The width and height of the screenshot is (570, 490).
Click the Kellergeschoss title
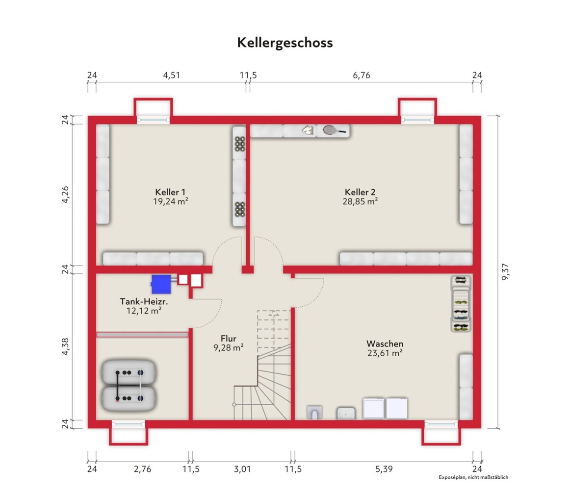point(285,43)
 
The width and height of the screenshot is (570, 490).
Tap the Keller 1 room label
point(170,192)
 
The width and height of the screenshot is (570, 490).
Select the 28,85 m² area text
point(360,201)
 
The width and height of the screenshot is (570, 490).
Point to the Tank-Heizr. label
point(144,301)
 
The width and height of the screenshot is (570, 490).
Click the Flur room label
point(228,339)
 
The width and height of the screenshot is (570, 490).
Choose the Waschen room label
point(385,343)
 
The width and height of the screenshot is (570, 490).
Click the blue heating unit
point(161,284)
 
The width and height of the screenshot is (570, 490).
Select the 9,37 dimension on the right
point(505,271)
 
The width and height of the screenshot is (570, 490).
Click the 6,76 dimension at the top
point(362,75)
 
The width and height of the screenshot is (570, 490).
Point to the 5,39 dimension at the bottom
point(384,469)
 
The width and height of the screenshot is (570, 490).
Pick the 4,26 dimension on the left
point(65,195)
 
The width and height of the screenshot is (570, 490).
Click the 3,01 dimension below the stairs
point(242,469)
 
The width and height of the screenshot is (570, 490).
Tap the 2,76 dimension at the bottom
point(142,469)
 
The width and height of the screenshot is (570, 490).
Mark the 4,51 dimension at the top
point(171,75)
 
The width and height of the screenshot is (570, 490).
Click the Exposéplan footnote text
point(473,477)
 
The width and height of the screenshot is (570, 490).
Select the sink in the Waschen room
point(346,413)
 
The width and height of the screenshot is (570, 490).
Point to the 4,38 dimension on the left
point(65,346)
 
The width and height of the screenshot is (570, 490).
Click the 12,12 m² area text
point(144,311)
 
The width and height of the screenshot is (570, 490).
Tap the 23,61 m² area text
point(385,353)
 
